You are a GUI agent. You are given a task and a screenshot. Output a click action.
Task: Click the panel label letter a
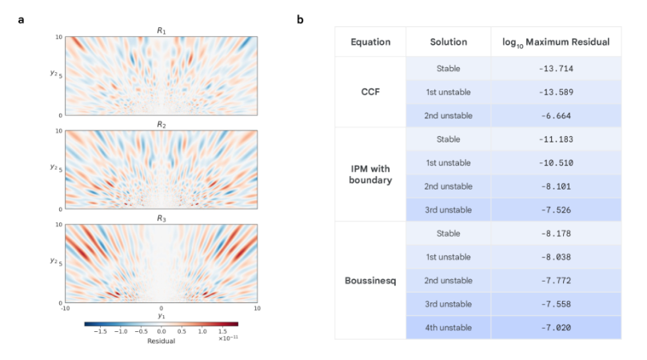(21, 18)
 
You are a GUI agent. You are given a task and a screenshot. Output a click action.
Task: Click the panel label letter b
(300, 18)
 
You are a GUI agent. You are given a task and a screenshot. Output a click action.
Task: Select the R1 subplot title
(161, 30)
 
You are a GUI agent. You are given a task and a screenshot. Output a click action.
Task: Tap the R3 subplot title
(161, 218)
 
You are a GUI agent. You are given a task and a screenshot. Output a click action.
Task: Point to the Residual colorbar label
(161, 341)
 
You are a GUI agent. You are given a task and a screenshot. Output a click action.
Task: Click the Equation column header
(370, 42)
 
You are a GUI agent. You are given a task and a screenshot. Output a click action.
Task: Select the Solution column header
(448, 42)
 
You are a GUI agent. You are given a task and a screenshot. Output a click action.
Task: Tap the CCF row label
(370, 91)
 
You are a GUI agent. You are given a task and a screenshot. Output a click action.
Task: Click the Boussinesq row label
(370, 281)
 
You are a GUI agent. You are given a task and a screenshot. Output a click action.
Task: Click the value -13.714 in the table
(557, 69)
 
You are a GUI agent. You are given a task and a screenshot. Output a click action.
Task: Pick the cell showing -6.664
(557, 115)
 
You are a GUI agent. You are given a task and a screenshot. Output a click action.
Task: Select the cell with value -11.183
(557, 140)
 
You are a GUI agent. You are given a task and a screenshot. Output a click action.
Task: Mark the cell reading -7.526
(557, 210)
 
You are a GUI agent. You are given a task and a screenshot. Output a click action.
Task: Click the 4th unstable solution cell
(448, 327)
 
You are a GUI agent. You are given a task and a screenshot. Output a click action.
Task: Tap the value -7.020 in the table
(557, 327)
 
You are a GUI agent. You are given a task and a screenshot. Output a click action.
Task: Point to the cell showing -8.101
(557, 186)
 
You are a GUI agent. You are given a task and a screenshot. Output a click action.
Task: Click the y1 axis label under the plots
(161, 316)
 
